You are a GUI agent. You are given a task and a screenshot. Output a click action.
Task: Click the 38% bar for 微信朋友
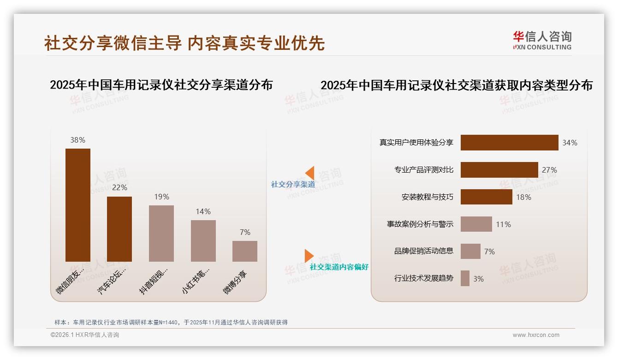point(78,205)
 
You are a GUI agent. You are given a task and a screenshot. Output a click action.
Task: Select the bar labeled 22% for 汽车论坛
point(119,229)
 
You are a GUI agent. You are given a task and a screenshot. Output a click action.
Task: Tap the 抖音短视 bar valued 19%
point(161,234)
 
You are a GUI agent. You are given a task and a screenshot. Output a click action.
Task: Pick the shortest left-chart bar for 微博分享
point(245,251)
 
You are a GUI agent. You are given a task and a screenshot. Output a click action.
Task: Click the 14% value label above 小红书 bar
point(203,211)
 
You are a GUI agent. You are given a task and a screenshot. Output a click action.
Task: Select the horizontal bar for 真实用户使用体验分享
point(509,143)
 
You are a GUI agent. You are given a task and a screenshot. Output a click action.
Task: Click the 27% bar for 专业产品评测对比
point(499,170)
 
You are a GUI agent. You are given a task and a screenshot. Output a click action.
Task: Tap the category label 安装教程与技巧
point(427,197)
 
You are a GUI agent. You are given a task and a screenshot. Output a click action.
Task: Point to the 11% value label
point(503,224)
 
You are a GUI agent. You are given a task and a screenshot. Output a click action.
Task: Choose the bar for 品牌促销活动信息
point(470,251)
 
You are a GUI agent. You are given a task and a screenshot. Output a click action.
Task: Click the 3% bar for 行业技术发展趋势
point(465,278)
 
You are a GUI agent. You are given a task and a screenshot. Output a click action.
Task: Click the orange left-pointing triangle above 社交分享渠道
point(310,173)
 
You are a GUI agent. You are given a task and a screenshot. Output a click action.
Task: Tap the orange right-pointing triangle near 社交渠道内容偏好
point(309,256)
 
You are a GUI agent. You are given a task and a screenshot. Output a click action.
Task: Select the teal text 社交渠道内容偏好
point(339,267)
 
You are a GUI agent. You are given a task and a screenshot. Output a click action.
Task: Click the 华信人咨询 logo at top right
point(542,40)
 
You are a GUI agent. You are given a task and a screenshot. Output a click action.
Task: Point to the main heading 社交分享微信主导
point(113,43)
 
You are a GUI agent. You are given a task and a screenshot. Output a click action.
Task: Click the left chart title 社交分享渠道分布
point(161,85)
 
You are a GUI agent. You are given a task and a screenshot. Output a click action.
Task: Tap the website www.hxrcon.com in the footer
point(535,335)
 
